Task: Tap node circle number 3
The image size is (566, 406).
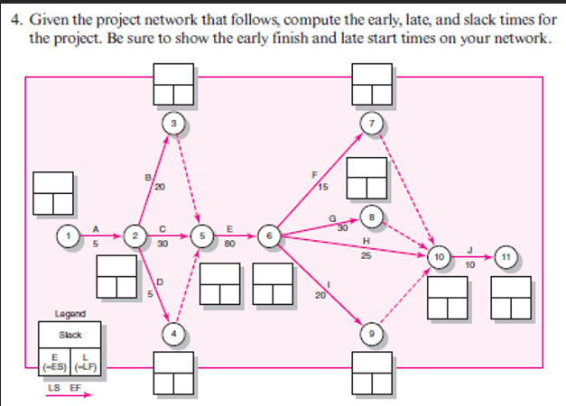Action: point(172,121)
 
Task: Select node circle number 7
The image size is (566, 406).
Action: point(370,122)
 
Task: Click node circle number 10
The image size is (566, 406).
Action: point(440,258)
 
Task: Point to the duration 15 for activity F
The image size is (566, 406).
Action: point(323,188)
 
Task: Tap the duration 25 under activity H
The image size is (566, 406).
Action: point(365,256)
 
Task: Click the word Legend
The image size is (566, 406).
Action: point(70,314)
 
